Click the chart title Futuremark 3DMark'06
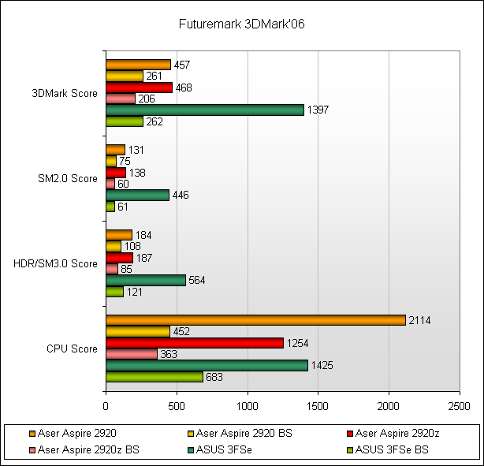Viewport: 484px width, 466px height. coord(241,24)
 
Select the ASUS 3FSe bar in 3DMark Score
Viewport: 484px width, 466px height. coord(205,110)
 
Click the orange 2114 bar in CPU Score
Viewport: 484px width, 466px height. coord(255,320)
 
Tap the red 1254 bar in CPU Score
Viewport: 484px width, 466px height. coord(195,343)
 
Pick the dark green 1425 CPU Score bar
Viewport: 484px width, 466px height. coord(207,366)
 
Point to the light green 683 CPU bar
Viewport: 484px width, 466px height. coord(155,377)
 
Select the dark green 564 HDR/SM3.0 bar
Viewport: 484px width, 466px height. coord(146,281)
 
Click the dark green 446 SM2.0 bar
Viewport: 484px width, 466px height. coord(137,196)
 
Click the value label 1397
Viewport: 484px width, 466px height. coord(317,110)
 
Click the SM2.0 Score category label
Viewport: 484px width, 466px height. coord(67,178)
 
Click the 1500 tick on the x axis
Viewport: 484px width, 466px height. coord(318,406)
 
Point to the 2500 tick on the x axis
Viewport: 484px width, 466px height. coord(459,406)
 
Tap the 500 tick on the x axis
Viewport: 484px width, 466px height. coord(177,406)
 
